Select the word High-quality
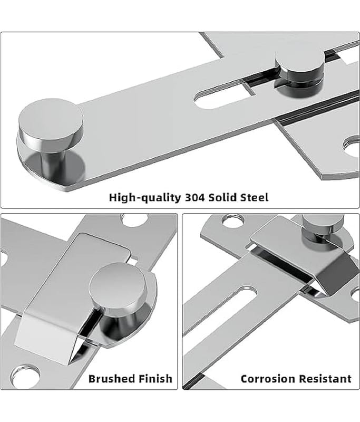pyautogui.click(x=145, y=198)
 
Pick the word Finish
pyautogui.click(x=155, y=379)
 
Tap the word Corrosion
pyautogui.click(x=268, y=379)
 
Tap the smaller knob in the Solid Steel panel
pyautogui.click(x=299, y=62)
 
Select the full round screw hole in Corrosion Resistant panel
pyautogui.click(x=233, y=220)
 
